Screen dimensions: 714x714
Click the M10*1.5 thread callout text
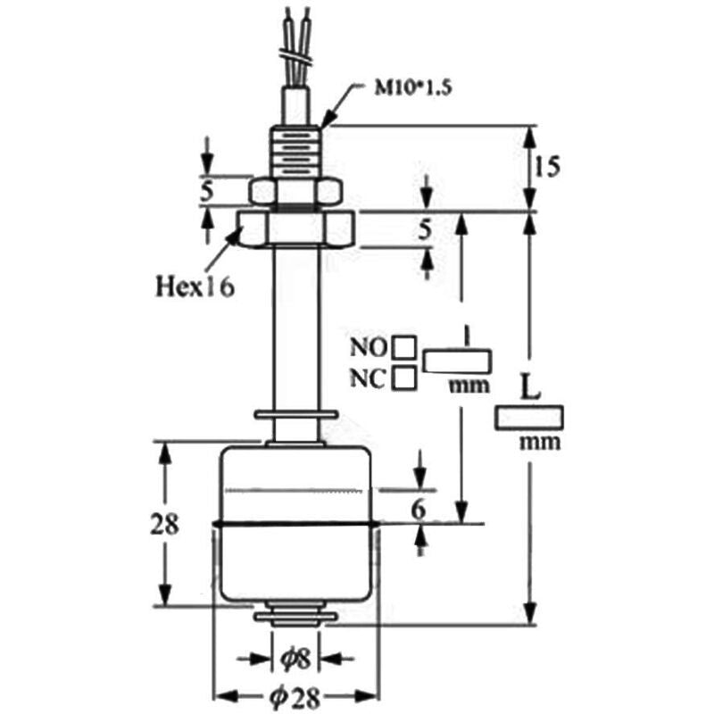[x=413, y=87]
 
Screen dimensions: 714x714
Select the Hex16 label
[x=195, y=286]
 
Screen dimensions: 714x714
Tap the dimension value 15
[x=546, y=167]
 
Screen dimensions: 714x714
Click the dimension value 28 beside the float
[x=164, y=524]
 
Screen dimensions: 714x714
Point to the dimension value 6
[x=419, y=510]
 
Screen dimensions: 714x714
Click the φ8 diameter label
[x=295, y=659]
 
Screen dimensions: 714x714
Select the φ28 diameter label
[x=295, y=697]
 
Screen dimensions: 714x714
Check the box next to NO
[x=404, y=347]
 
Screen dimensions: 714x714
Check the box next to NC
[x=404, y=378]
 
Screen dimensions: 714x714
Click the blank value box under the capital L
[x=529, y=417]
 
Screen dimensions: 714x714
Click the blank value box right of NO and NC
[x=457, y=361]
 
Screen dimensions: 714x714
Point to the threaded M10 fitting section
[x=295, y=152]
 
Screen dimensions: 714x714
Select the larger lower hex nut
[x=295, y=228]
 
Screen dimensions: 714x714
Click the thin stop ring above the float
[x=296, y=414]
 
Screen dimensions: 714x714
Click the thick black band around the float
[x=296, y=525]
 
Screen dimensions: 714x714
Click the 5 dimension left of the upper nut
[x=207, y=191]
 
